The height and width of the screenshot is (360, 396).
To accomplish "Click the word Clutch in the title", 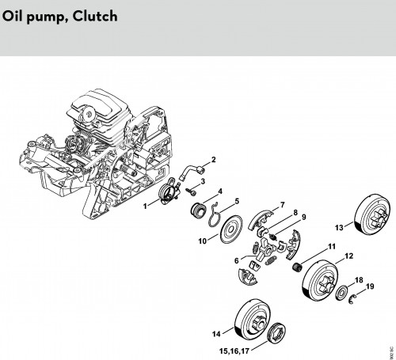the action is point(95,16).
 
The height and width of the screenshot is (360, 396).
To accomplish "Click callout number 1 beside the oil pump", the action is point(145,206).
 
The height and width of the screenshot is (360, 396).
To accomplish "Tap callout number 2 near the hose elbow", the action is point(213,160).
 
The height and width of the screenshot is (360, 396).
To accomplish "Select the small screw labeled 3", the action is point(191,191).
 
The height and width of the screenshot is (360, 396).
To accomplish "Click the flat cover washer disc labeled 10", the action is point(231,229).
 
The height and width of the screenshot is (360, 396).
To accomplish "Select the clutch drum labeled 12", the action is point(319,282).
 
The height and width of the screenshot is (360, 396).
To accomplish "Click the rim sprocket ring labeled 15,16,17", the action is point(276,332).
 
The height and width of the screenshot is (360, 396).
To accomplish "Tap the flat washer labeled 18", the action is point(342,292).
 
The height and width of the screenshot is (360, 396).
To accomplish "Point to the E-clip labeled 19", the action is point(352,299).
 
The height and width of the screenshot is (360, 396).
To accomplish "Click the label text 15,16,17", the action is point(234,351).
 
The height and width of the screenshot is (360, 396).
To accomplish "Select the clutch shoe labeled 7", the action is point(261,219).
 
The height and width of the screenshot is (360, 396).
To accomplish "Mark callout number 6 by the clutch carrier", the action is point(237,260).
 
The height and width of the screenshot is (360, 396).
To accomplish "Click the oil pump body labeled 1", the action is point(169,191).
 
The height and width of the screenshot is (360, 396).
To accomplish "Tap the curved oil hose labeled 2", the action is point(192,171).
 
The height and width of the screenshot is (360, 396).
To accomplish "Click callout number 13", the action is point(339,227).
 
